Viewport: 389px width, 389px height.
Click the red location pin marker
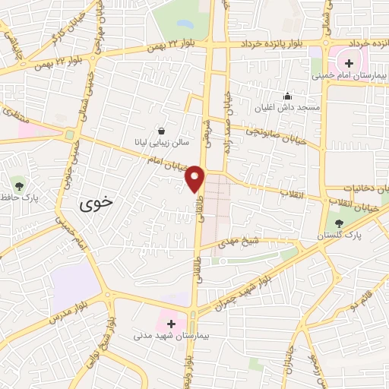[195, 178]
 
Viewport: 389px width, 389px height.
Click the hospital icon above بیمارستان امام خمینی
[349, 63]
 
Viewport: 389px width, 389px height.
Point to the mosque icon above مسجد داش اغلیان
[287, 96]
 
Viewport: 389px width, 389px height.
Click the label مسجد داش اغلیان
[288, 108]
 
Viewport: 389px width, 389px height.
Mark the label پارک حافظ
[19, 200]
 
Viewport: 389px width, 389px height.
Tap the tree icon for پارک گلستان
[339, 223]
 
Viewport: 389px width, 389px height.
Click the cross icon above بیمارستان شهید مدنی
[171, 324]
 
